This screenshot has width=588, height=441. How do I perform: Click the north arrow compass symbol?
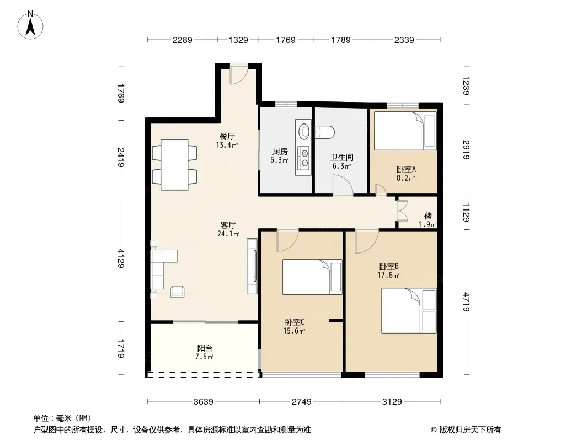(30, 25)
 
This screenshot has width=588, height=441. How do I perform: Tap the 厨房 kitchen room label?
(280, 152)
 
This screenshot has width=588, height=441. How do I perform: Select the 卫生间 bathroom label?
(341, 157)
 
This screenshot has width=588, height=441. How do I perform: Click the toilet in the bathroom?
(325, 132)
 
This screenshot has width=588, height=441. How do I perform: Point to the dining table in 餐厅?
(174, 164)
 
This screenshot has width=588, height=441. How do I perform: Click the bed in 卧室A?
(405, 131)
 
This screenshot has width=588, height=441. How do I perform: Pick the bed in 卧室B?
(409, 310)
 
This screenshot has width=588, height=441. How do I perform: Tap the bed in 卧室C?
(312, 277)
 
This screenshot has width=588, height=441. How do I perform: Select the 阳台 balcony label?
(205, 348)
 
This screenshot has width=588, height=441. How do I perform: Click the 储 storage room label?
(428, 216)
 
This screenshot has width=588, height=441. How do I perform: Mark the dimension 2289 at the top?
(182, 40)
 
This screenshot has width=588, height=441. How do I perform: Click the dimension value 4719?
(466, 302)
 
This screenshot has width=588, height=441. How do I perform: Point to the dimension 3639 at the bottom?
(203, 402)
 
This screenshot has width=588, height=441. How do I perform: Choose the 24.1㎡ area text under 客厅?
(228, 234)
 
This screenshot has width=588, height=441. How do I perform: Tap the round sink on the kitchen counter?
(304, 132)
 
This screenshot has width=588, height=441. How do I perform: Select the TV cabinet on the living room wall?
(252, 266)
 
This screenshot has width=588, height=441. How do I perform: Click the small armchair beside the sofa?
(178, 292)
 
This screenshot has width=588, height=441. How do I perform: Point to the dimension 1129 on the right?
(466, 212)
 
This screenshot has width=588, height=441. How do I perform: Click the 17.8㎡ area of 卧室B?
(388, 276)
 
